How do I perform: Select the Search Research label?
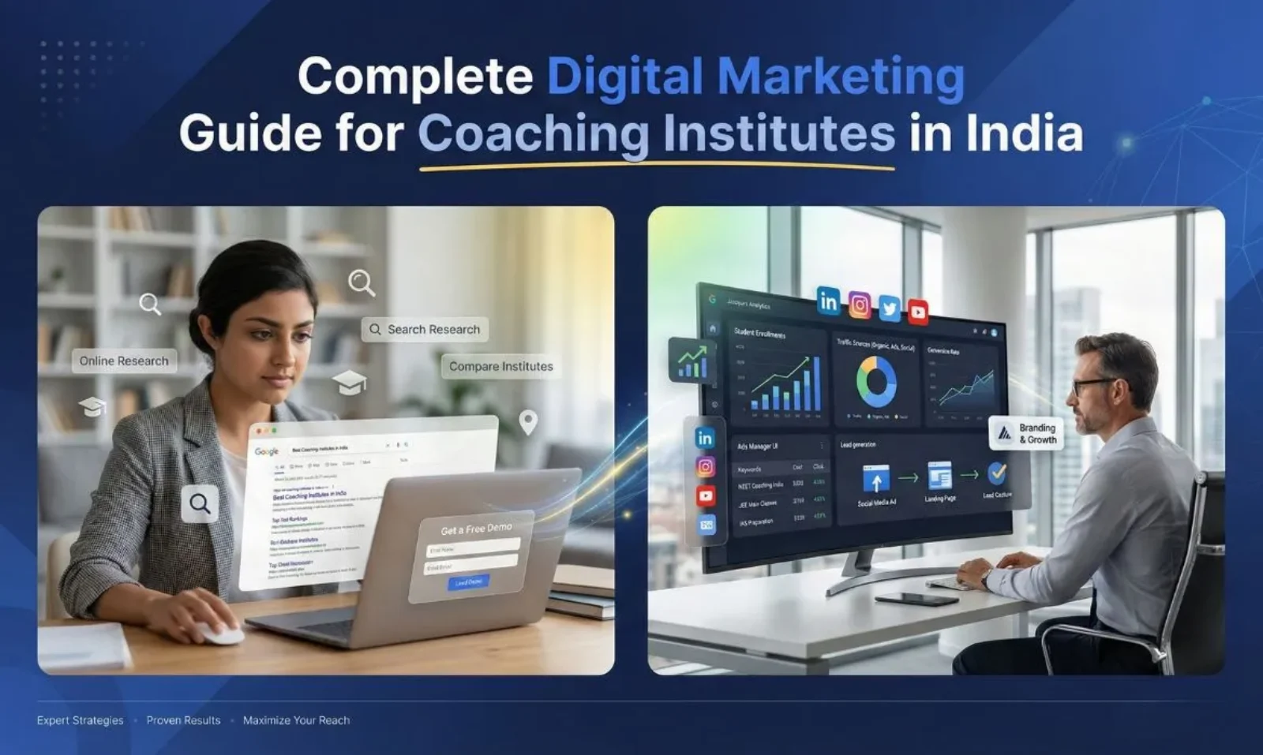tap(425, 329)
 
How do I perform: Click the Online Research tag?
tap(124, 361)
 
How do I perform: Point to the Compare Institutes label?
tap(500, 366)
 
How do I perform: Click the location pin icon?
tap(528, 422)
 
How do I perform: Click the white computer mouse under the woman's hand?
tap(219, 632)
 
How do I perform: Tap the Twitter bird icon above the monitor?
tap(889, 308)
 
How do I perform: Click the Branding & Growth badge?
tap(1026, 433)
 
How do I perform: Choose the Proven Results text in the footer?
tap(183, 720)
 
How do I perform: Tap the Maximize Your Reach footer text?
tap(296, 720)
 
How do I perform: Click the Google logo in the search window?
tap(267, 451)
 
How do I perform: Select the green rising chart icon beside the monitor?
tap(692, 361)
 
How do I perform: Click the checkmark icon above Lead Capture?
tap(997, 473)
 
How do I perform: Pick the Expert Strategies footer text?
tap(80, 720)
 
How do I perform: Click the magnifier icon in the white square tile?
tap(200, 503)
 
